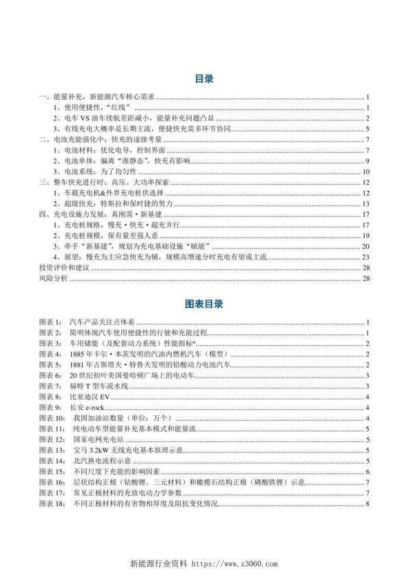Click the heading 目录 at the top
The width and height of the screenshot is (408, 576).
(204, 79)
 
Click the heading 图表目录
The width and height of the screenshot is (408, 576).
(204, 302)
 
